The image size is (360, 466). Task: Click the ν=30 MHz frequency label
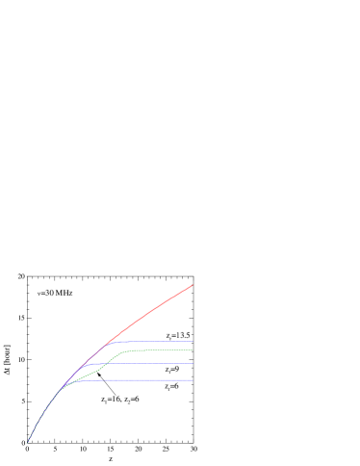coord(55,293)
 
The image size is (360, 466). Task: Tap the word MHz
coord(64,293)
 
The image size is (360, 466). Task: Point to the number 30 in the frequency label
coord(48,293)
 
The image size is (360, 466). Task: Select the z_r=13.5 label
coord(178,335)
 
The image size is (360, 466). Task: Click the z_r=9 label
coord(171,369)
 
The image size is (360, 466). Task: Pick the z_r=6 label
coord(171,386)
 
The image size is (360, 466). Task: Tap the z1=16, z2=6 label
coord(120,399)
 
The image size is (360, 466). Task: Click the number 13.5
coord(183,335)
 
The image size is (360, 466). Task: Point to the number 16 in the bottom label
coord(113,399)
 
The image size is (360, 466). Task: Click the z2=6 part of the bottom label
coord(131,399)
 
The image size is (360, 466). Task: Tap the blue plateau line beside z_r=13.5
coord(154,342)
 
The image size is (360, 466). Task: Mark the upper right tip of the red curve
coord(193,285)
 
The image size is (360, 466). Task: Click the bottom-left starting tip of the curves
coord(30,441)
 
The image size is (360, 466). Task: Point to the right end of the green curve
coord(193,350)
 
